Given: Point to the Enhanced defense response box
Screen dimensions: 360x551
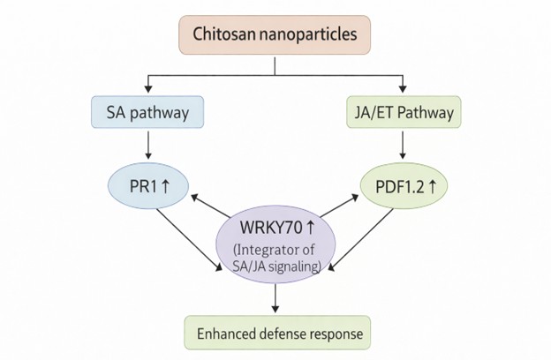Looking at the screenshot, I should tap(276, 334).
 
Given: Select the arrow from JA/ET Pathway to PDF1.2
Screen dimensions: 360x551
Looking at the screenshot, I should tap(403, 146).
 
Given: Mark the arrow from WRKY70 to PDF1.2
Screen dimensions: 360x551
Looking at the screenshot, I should tap(340, 210).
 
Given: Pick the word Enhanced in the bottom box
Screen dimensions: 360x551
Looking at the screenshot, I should tap(223, 334).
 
